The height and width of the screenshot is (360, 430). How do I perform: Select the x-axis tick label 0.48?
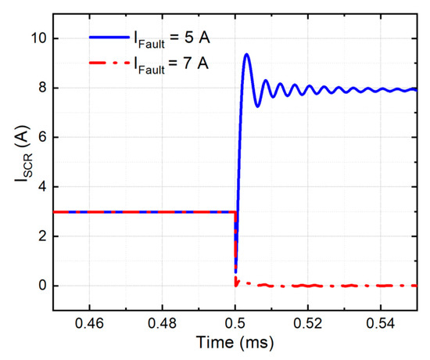(162, 322)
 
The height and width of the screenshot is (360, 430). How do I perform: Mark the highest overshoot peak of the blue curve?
(246, 54)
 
